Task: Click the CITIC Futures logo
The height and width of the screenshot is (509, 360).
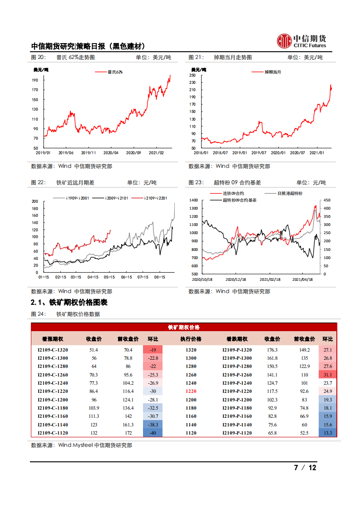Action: click(301, 41)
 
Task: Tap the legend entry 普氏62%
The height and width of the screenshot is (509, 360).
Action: click(115, 72)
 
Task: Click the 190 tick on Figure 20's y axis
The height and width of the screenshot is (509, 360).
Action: click(35, 80)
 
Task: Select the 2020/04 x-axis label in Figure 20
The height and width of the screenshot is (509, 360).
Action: click(111, 153)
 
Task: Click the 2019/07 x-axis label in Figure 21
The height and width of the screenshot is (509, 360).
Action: click(259, 153)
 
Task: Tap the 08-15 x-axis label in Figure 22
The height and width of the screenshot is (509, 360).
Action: click(159, 276)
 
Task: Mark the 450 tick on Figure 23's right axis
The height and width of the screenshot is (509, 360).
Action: click(326, 200)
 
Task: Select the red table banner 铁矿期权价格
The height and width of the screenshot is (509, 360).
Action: click(184, 327)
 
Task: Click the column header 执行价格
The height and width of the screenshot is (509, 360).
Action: click(191, 339)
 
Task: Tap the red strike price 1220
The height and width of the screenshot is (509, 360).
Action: click(191, 391)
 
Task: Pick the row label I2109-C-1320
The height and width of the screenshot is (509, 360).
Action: click(53, 350)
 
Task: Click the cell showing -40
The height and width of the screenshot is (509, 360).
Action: click(153, 433)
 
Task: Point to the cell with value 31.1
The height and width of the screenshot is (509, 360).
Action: click(328, 375)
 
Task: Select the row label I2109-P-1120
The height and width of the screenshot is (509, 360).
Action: click(237, 433)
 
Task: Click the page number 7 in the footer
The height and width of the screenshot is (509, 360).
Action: click(296, 468)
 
